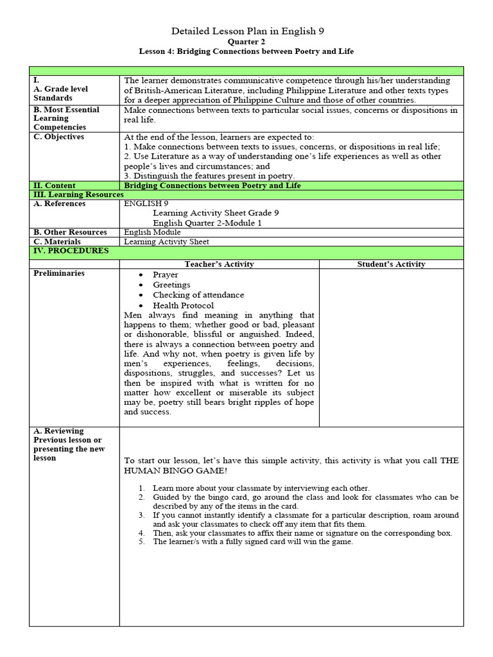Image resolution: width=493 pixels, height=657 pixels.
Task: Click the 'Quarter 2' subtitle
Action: pyautogui.click(x=246, y=41)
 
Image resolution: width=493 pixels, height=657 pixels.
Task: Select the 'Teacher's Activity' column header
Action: pyautogui.click(x=219, y=264)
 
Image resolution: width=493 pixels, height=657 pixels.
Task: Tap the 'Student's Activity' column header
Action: pyautogui.click(x=391, y=264)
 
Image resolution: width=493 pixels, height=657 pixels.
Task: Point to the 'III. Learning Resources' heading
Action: pyautogui.click(x=79, y=194)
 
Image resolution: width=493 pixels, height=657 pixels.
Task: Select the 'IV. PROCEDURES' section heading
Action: pyautogui.click(x=71, y=251)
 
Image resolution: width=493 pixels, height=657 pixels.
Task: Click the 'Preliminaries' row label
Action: pyautogui.click(x=59, y=273)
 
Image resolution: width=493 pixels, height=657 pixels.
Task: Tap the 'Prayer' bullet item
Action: pyautogui.click(x=166, y=275)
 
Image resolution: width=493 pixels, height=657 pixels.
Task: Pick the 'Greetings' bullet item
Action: pyautogui.click(x=171, y=285)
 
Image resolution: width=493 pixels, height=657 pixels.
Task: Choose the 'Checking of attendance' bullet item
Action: pyautogui.click(x=198, y=295)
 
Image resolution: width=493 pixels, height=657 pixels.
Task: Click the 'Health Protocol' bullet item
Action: pyautogui.click(x=183, y=305)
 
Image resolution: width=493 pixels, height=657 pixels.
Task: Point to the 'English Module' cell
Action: pyautogui.click(x=152, y=232)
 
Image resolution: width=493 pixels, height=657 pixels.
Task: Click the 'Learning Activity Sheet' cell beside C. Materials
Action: pyautogui.click(x=166, y=242)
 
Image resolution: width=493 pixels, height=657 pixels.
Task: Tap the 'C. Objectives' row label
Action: pyautogui.click(x=59, y=137)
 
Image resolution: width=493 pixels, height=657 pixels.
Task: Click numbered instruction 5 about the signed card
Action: pyautogui.click(x=252, y=542)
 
